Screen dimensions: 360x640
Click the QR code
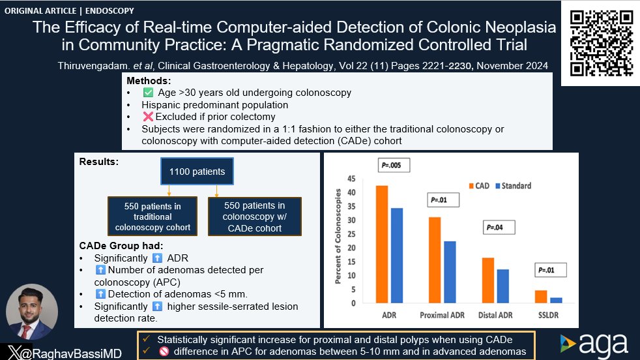(x=601, y=44)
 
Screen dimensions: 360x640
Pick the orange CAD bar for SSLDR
(x=540, y=297)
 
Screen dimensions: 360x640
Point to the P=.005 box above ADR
(x=394, y=165)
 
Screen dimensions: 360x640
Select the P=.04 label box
(x=499, y=228)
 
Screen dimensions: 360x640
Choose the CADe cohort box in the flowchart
(x=255, y=217)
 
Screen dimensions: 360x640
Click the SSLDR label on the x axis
(x=547, y=316)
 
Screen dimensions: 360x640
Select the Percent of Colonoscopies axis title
(x=338, y=237)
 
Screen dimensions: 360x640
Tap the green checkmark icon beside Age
(x=147, y=93)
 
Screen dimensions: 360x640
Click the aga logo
(x=594, y=344)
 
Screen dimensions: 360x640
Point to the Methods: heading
(x=148, y=80)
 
